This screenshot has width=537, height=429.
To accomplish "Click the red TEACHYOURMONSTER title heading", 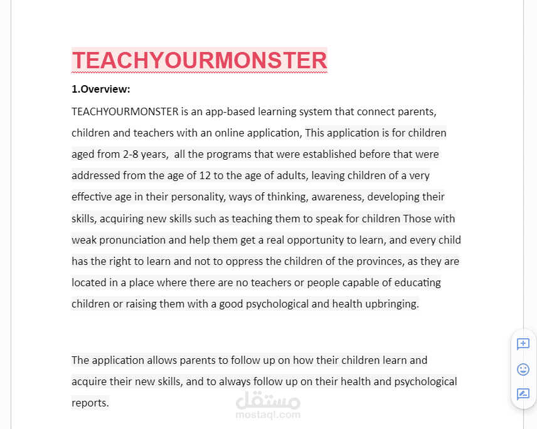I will pos(199,61).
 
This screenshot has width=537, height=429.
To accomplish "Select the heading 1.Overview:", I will pos(101,89).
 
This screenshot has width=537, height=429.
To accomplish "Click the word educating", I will pos(417,282).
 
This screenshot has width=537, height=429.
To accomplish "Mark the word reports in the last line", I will pos(90,403).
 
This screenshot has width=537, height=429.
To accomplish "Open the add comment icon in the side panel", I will pos(523,344).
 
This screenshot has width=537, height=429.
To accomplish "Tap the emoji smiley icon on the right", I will pos(523,369).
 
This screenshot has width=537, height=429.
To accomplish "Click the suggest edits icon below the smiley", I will pos(523,394).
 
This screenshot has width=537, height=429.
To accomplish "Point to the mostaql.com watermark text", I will pos(268,414).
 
